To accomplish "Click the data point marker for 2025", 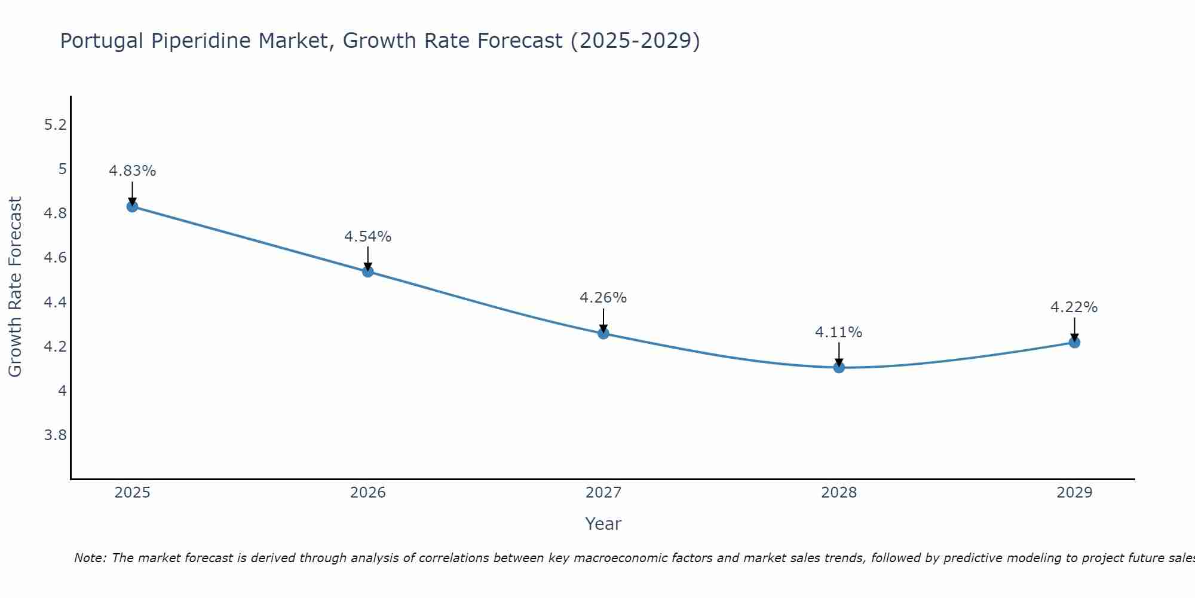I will coord(132,207).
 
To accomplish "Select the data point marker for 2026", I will coord(368,271).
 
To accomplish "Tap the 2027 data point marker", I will coord(603,334).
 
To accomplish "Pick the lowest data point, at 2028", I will coord(839,367).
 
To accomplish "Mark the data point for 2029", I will coord(1074,343).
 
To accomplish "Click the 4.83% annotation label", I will coord(132,171).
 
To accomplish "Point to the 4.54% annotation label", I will coord(368,237).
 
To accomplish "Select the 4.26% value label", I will coord(603,298).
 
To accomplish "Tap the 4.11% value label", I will coord(839,332).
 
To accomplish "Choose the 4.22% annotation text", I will coord(1074,307).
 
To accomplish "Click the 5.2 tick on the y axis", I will coord(56,125).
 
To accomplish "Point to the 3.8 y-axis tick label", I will coord(56,435).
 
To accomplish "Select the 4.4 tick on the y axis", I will coord(56,302).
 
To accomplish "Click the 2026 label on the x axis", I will coord(368,493).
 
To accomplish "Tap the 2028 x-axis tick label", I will coord(839,493).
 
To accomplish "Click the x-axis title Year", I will coord(603,524).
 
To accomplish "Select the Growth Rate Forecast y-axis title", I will coord(16,287).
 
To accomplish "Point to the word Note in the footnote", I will coord(90,558).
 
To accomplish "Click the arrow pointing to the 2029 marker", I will coord(1074,329).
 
